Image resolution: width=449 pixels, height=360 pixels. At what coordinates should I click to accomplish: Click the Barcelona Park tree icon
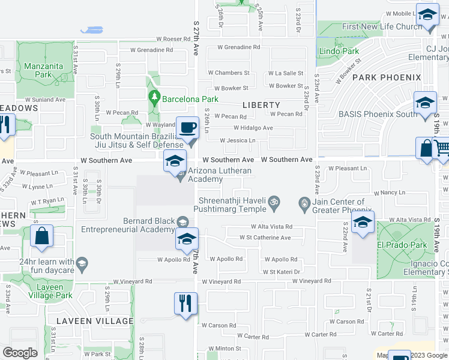[x=154, y=97]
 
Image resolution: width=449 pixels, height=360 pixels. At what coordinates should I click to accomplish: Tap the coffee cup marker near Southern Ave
[x=187, y=128]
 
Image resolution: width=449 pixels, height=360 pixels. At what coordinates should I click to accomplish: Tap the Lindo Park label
[x=339, y=51]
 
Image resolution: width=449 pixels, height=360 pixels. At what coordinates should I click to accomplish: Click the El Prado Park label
[x=402, y=245]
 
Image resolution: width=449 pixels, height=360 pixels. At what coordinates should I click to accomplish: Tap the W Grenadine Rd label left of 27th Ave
[x=152, y=50]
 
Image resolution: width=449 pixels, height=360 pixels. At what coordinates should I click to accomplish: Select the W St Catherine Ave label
[x=265, y=238]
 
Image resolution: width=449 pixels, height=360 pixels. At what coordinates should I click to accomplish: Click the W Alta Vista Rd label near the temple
[x=271, y=227]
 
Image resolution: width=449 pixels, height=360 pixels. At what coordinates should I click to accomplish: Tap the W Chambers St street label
[x=229, y=73]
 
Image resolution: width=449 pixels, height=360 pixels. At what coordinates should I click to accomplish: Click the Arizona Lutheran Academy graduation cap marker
[x=175, y=161]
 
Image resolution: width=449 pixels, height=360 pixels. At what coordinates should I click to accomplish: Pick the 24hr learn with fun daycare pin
[x=82, y=262]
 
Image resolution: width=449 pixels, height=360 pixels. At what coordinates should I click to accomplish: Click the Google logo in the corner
[x=20, y=353]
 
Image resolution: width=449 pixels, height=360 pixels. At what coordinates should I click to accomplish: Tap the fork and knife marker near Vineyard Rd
[x=185, y=303]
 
